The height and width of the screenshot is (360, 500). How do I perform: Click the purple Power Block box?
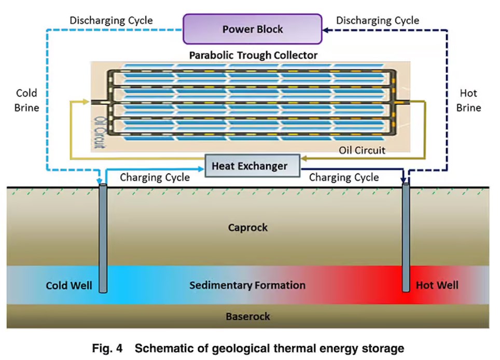coord(253,29)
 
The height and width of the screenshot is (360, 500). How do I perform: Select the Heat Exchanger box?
coord(249,166)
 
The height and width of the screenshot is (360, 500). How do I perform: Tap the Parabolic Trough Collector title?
coord(253,55)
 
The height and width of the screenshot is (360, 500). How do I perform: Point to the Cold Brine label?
coord(26,101)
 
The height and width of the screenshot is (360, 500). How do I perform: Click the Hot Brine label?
coord(468,101)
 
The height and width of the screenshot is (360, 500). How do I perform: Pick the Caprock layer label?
coord(248,227)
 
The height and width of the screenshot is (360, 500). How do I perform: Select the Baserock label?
coord(248,316)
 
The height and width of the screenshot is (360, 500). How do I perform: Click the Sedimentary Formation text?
coord(247,285)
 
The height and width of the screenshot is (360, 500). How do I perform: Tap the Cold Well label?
coord(69,285)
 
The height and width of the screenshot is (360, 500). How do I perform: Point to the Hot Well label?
coord(437,285)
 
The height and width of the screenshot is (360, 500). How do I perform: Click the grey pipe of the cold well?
coord(103,239)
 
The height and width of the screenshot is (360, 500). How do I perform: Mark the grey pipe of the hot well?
coord(406,239)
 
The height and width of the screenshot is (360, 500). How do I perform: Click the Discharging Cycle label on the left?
coord(111,21)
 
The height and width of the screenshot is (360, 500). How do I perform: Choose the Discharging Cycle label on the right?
coord(378,21)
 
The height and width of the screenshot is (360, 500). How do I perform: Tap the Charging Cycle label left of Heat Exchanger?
coord(155,177)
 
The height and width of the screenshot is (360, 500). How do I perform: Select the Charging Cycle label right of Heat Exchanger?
coord(344,177)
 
